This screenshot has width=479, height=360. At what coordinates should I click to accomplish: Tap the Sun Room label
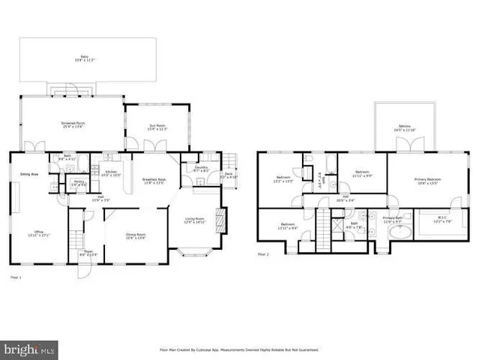(156, 129)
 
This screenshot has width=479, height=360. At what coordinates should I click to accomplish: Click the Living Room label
(195, 220)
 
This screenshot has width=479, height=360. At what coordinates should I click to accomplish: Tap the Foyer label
(88, 253)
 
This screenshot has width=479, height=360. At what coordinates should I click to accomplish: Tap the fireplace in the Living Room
(220, 219)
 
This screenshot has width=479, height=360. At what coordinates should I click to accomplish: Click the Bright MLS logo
(29, 349)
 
